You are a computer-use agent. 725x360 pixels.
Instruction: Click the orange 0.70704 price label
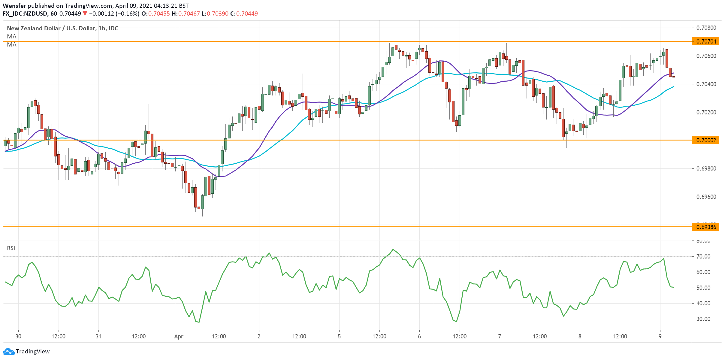706,41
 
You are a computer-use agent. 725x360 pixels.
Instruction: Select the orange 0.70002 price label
706,140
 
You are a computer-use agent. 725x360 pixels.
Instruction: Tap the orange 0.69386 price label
706,227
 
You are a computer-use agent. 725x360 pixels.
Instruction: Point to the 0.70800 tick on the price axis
706,28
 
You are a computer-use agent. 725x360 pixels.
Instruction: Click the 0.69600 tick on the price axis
706,197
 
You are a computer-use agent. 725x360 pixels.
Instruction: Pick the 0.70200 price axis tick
706,112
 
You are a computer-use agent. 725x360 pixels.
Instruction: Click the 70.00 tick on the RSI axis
703,256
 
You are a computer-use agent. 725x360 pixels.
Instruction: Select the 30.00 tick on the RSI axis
703,319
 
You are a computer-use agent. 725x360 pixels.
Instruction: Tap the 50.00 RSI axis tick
703,288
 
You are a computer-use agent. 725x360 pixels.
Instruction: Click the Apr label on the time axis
179,337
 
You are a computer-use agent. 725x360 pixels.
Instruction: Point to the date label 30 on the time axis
18,336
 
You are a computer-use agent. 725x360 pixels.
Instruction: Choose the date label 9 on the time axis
660,336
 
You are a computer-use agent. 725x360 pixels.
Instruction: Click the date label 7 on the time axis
500,336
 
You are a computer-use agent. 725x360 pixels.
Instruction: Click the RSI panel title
11,248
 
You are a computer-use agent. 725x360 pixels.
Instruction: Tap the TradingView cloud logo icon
8,351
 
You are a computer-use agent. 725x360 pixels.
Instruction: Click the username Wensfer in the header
14,6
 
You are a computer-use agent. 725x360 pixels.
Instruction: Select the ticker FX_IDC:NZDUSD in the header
25,14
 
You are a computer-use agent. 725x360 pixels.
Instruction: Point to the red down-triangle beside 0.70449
85,14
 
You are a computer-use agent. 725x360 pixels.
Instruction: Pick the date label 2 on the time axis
259,336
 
